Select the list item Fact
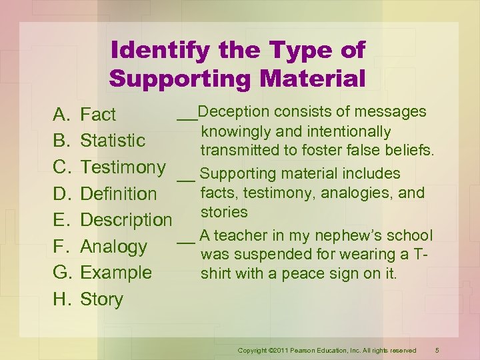coord(98,115)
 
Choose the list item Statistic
coord(113,141)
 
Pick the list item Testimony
coord(123,167)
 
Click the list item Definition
coord(118,194)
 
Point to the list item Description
coord(126,220)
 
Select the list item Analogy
coord(113,247)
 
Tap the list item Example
coord(116,273)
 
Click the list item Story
coord(101,299)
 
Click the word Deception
coord(230,111)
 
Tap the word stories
coord(224,213)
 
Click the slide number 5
coord(437,350)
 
